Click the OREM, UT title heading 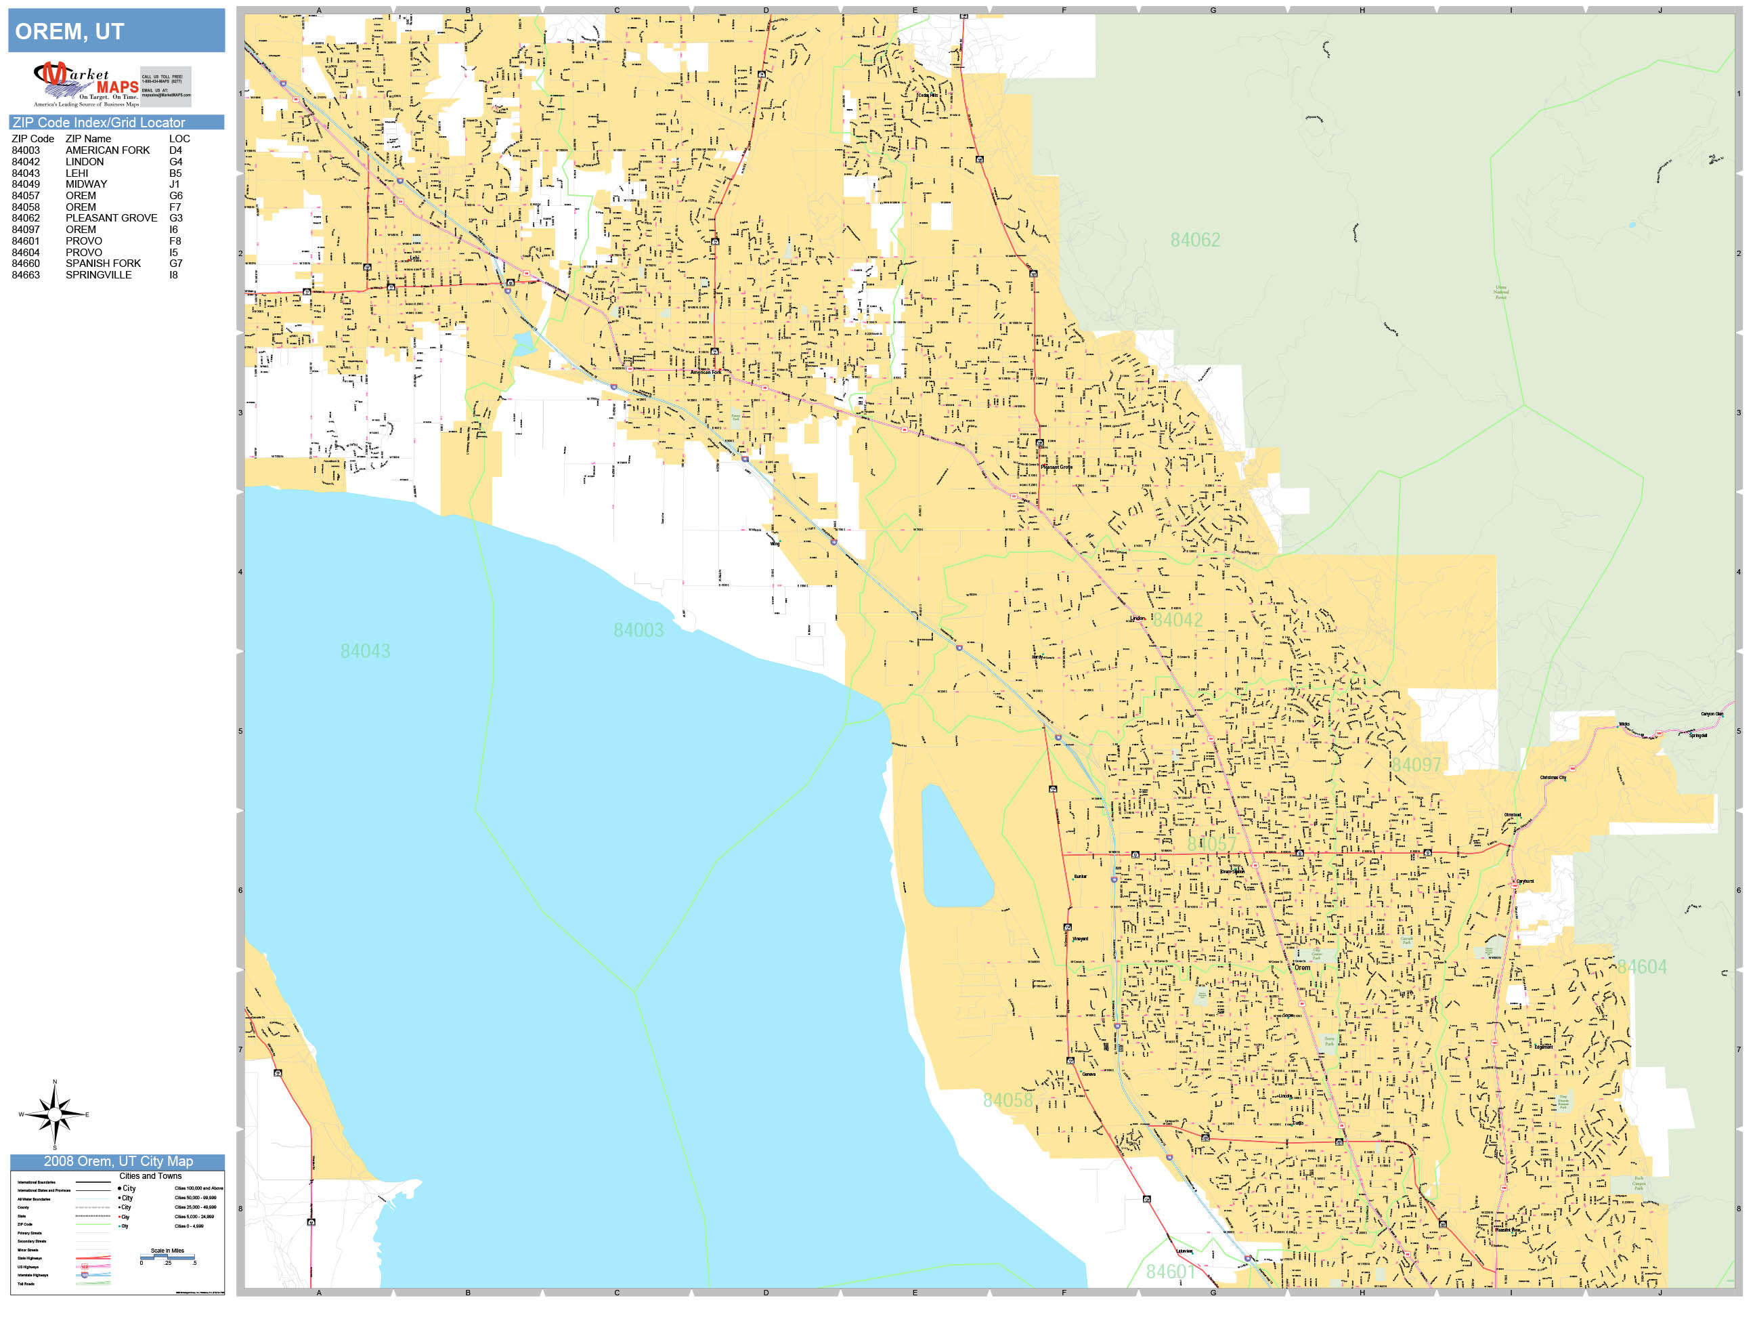point(70,32)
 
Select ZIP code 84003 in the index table point(25,150)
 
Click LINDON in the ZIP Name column point(84,161)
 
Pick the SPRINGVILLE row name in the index point(98,274)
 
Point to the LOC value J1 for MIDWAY point(174,184)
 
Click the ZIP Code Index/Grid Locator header point(98,122)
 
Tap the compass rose point(54,1114)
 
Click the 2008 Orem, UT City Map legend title point(117,1161)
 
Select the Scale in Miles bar point(167,1256)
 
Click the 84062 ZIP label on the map point(1195,240)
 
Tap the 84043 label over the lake point(365,651)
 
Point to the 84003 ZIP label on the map point(638,630)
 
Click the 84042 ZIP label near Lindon point(1177,619)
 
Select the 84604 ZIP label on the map point(1641,967)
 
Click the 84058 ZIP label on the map point(1007,1100)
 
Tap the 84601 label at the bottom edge point(1170,1271)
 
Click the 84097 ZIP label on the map point(1416,764)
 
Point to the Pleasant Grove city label point(1056,467)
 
